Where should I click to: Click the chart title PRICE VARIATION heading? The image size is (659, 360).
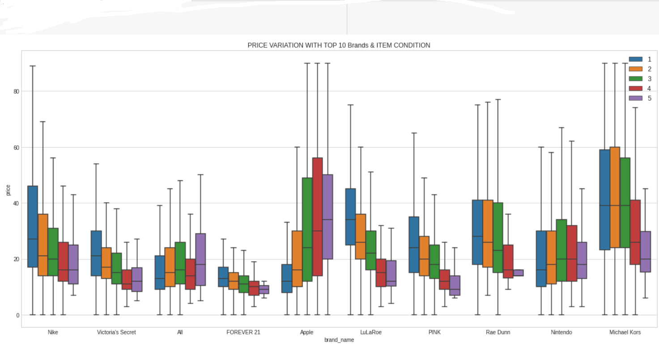[x=339, y=45]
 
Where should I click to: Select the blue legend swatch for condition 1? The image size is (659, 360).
[x=635, y=59]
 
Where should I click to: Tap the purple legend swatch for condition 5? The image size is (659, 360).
[x=635, y=98]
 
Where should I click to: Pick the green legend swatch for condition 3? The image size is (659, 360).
[x=635, y=79]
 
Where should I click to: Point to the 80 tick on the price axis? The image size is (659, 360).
[x=16, y=92]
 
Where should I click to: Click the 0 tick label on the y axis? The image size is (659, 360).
[x=17, y=315]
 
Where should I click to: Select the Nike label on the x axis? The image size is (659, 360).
[x=53, y=332]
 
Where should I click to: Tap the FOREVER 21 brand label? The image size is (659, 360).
[x=243, y=332]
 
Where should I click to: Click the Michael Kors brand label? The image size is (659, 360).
[x=625, y=332]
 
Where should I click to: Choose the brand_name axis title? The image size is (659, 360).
[x=339, y=340]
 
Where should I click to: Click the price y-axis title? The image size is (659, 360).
[x=8, y=190]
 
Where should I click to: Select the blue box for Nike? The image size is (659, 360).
[x=33, y=226]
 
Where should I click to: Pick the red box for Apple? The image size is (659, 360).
[x=318, y=217]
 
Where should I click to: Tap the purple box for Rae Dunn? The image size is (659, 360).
[x=519, y=273]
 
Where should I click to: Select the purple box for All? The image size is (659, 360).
[x=200, y=259]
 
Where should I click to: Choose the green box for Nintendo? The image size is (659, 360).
[x=561, y=250]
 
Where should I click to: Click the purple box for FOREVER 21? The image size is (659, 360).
[x=264, y=290]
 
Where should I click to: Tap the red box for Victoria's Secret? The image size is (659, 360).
[x=127, y=280]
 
